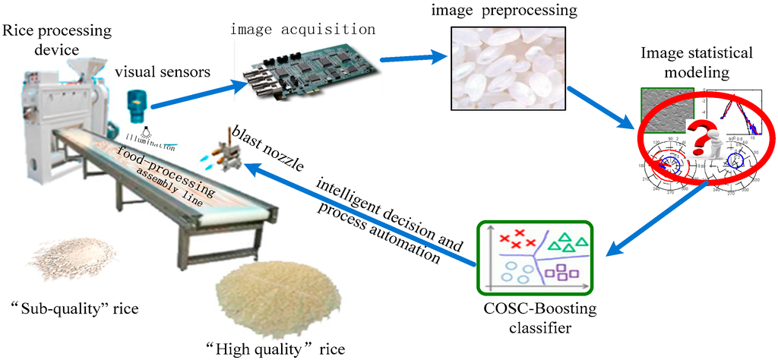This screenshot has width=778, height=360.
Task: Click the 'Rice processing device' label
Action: pos(57,39)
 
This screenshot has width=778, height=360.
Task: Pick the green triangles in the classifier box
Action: pos(568,243)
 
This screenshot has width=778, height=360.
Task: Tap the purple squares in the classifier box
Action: pos(563,270)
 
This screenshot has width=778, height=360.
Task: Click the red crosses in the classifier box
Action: pos(514,238)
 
